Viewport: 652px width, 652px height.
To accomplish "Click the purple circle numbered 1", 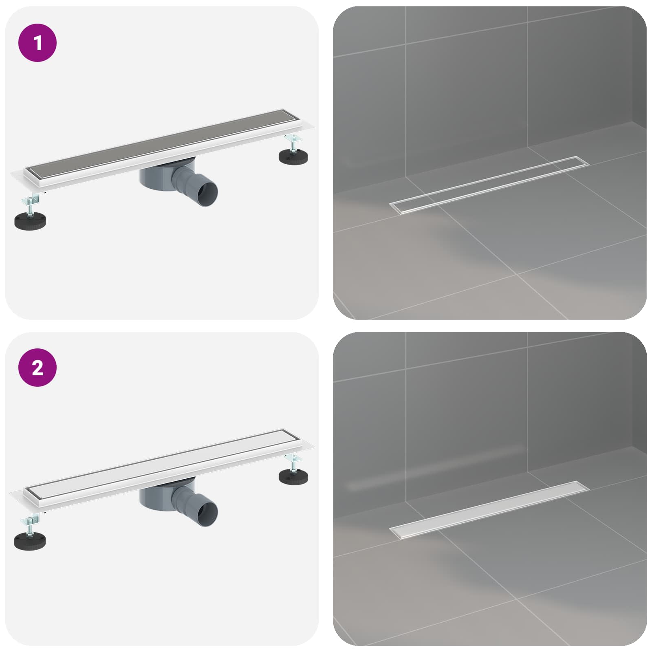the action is (x=37, y=43).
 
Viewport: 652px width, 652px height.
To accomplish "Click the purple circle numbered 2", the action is (x=37, y=368).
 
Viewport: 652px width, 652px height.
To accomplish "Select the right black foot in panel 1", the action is (x=294, y=156).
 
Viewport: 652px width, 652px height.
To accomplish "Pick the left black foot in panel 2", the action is (x=30, y=541).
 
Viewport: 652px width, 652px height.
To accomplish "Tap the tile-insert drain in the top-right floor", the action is (x=489, y=184).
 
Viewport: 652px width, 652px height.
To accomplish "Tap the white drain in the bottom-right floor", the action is (x=489, y=510).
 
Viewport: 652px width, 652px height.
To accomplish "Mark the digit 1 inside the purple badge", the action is (x=38, y=43).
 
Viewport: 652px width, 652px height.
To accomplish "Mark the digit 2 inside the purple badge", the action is (x=37, y=368).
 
